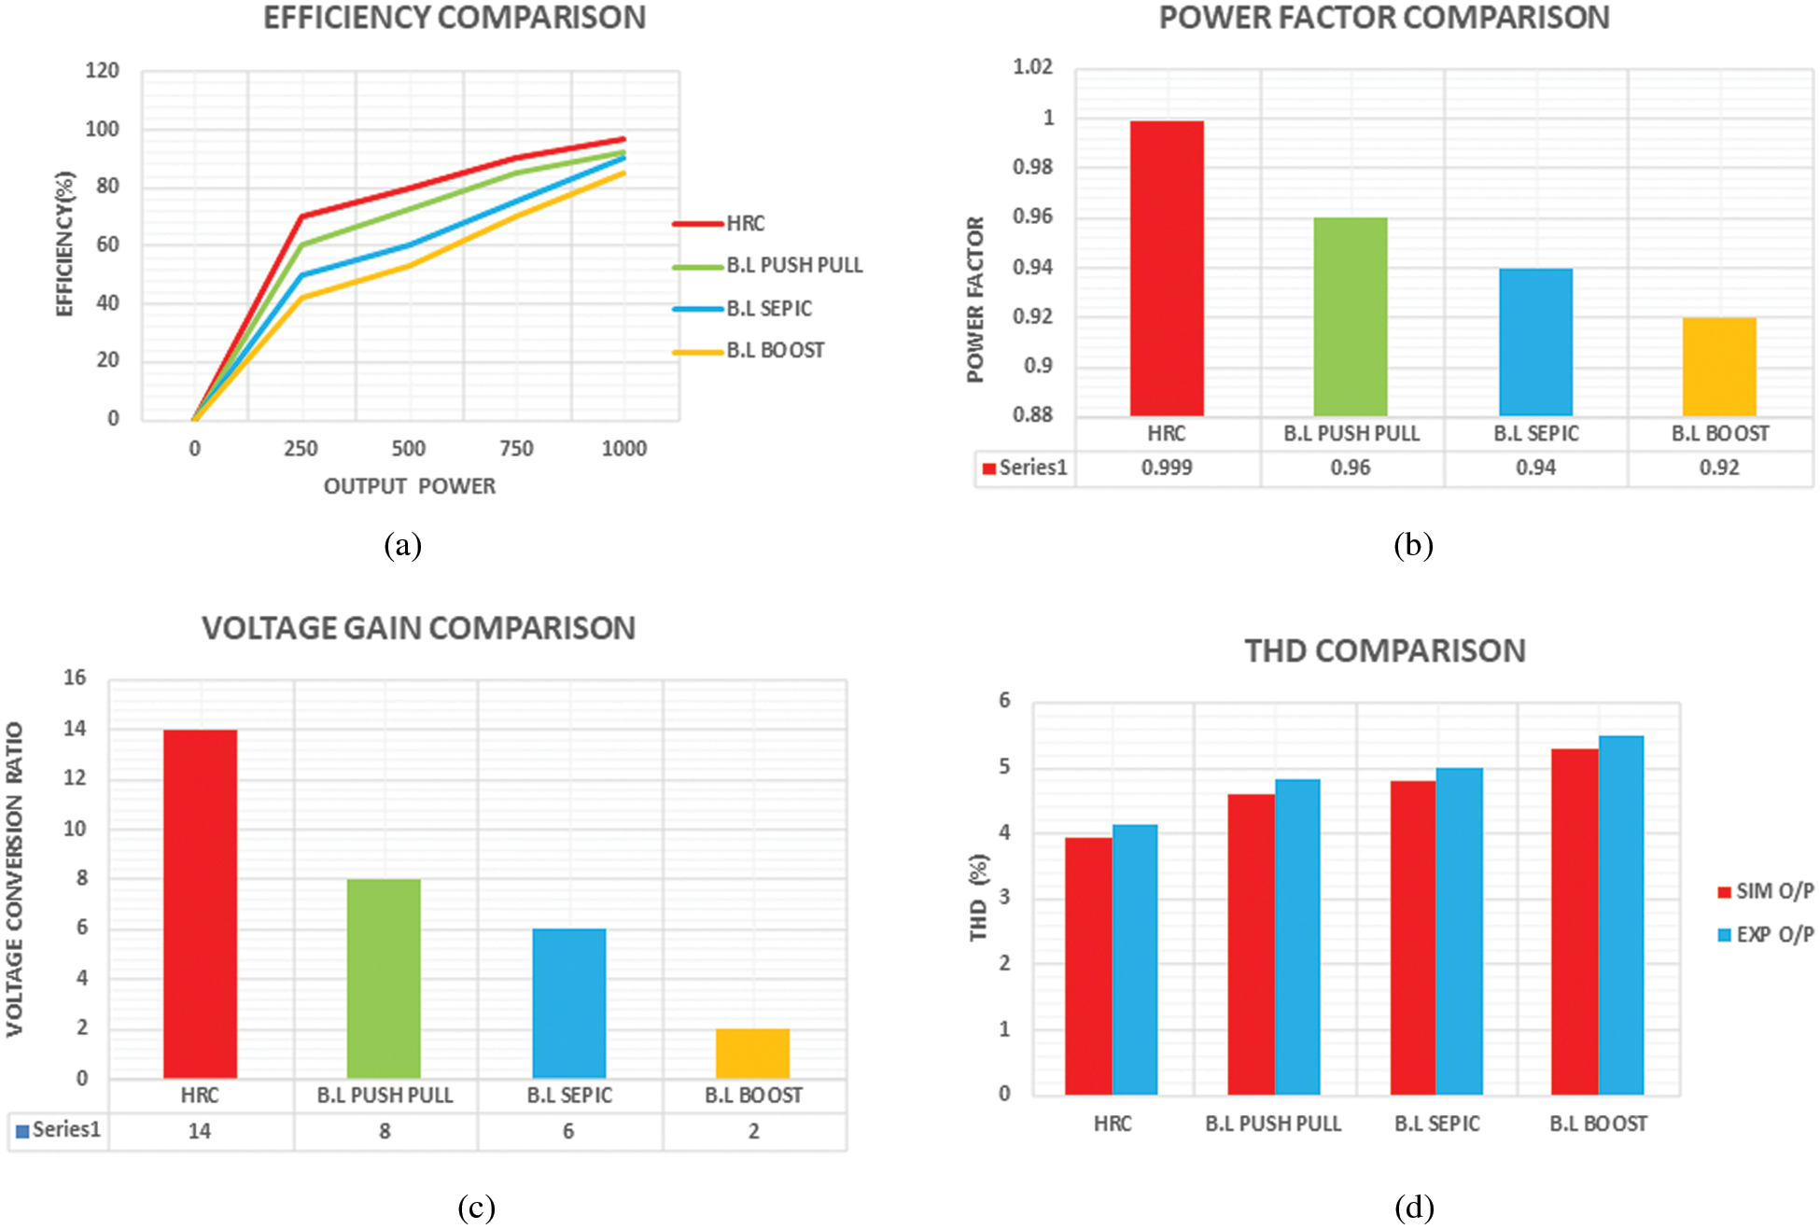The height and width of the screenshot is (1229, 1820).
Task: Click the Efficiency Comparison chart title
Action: (455, 19)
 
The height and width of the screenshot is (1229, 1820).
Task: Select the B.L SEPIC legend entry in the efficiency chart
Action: (768, 308)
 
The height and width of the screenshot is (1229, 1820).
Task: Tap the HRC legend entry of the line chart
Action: (745, 223)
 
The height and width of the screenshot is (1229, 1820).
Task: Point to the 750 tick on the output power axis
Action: (516, 449)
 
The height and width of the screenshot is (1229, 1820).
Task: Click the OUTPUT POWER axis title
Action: (409, 486)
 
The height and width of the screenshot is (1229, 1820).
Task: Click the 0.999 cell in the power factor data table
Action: (1167, 468)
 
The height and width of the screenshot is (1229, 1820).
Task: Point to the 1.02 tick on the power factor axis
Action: (1032, 67)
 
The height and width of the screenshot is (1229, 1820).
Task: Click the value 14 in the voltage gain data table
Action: (200, 1131)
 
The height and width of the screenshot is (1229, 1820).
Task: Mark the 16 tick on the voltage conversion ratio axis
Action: (75, 677)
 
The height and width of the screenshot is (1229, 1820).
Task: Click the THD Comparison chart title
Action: (1385, 650)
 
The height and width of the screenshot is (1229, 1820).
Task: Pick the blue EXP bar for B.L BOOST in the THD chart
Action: (1621, 915)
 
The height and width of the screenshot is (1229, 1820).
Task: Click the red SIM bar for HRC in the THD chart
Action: (1088, 966)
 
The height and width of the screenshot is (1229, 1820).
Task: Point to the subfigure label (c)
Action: (476, 1208)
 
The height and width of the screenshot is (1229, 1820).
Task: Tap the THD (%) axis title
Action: (978, 897)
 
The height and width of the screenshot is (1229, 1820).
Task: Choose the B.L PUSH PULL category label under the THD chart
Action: (1273, 1124)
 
